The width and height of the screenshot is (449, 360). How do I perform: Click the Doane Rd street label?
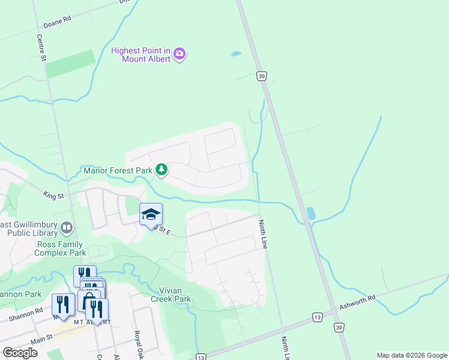tap(58, 23)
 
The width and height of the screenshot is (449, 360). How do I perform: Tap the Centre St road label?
tap(41, 47)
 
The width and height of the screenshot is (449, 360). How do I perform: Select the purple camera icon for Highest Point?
tap(179, 55)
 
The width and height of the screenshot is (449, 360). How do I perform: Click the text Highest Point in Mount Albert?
tap(141, 55)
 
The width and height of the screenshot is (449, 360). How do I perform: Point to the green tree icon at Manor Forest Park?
tap(161, 170)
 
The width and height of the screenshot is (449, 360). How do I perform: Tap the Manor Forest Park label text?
tap(118, 171)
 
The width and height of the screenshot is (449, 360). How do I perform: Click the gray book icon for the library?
tap(67, 228)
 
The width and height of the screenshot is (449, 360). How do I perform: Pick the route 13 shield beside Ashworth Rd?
tap(317, 317)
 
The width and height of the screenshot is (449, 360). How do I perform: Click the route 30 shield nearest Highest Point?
tap(261, 76)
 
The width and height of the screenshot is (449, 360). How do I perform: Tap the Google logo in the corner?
tap(20, 352)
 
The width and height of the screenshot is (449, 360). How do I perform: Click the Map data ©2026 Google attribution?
tap(412, 355)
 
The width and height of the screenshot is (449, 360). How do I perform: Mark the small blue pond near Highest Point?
tap(236, 54)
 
